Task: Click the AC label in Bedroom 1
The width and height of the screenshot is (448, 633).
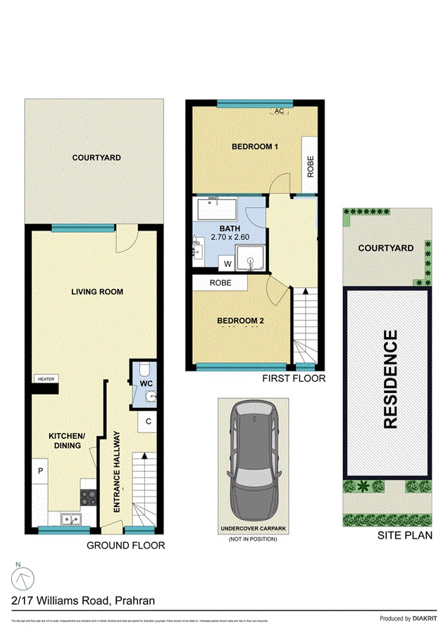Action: (x=279, y=112)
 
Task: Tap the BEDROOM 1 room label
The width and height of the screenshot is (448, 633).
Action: (x=256, y=147)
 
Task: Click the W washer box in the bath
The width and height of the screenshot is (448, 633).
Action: (x=228, y=264)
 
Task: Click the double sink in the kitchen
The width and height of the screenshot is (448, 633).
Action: (x=70, y=519)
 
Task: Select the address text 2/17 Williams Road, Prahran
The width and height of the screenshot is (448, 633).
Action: (x=83, y=600)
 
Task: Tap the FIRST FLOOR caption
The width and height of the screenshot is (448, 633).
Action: (x=293, y=378)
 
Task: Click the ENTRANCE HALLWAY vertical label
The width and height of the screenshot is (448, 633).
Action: (x=118, y=470)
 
